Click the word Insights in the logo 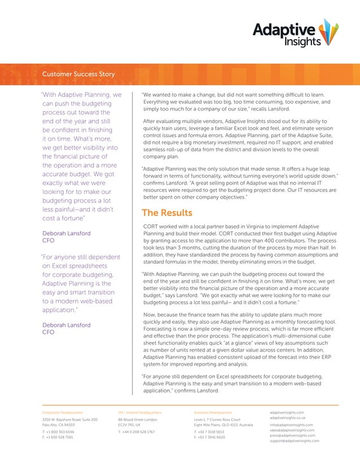click(x=302, y=41)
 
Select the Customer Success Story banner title click(x=78, y=74)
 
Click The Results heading click(x=167, y=213)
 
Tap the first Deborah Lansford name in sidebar click(x=66, y=233)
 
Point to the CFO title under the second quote click(x=49, y=332)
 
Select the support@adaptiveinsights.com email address click(x=294, y=441)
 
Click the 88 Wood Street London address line click(x=138, y=420)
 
